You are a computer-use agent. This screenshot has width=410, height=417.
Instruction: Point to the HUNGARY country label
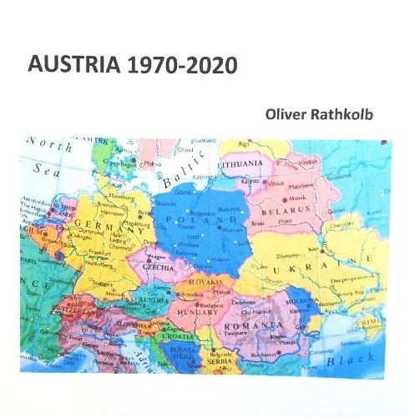(x=195, y=313)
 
